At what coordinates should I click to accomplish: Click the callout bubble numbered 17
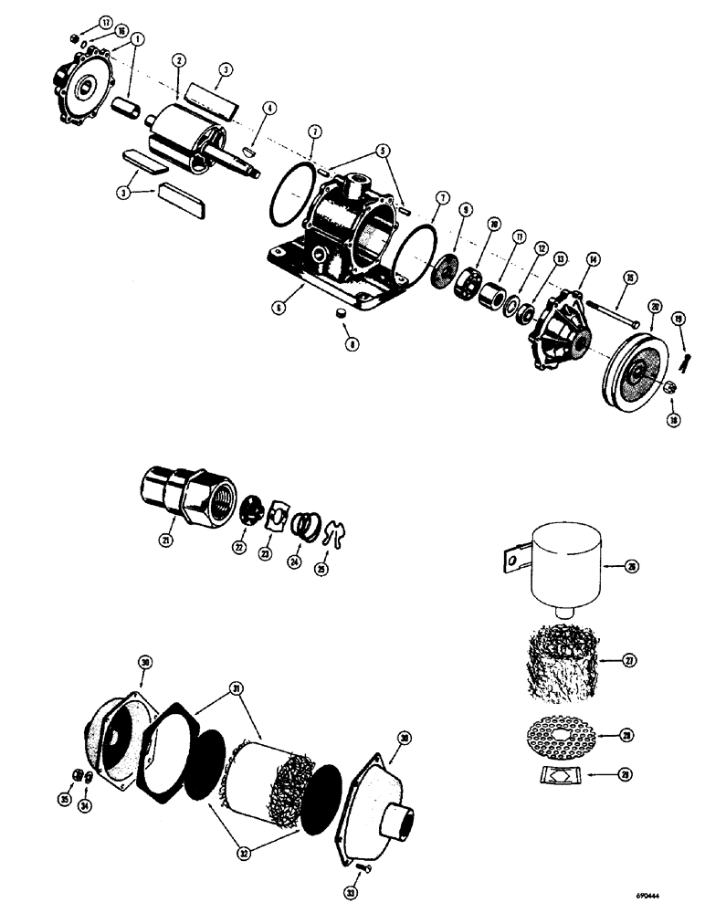(x=79, y=22)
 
